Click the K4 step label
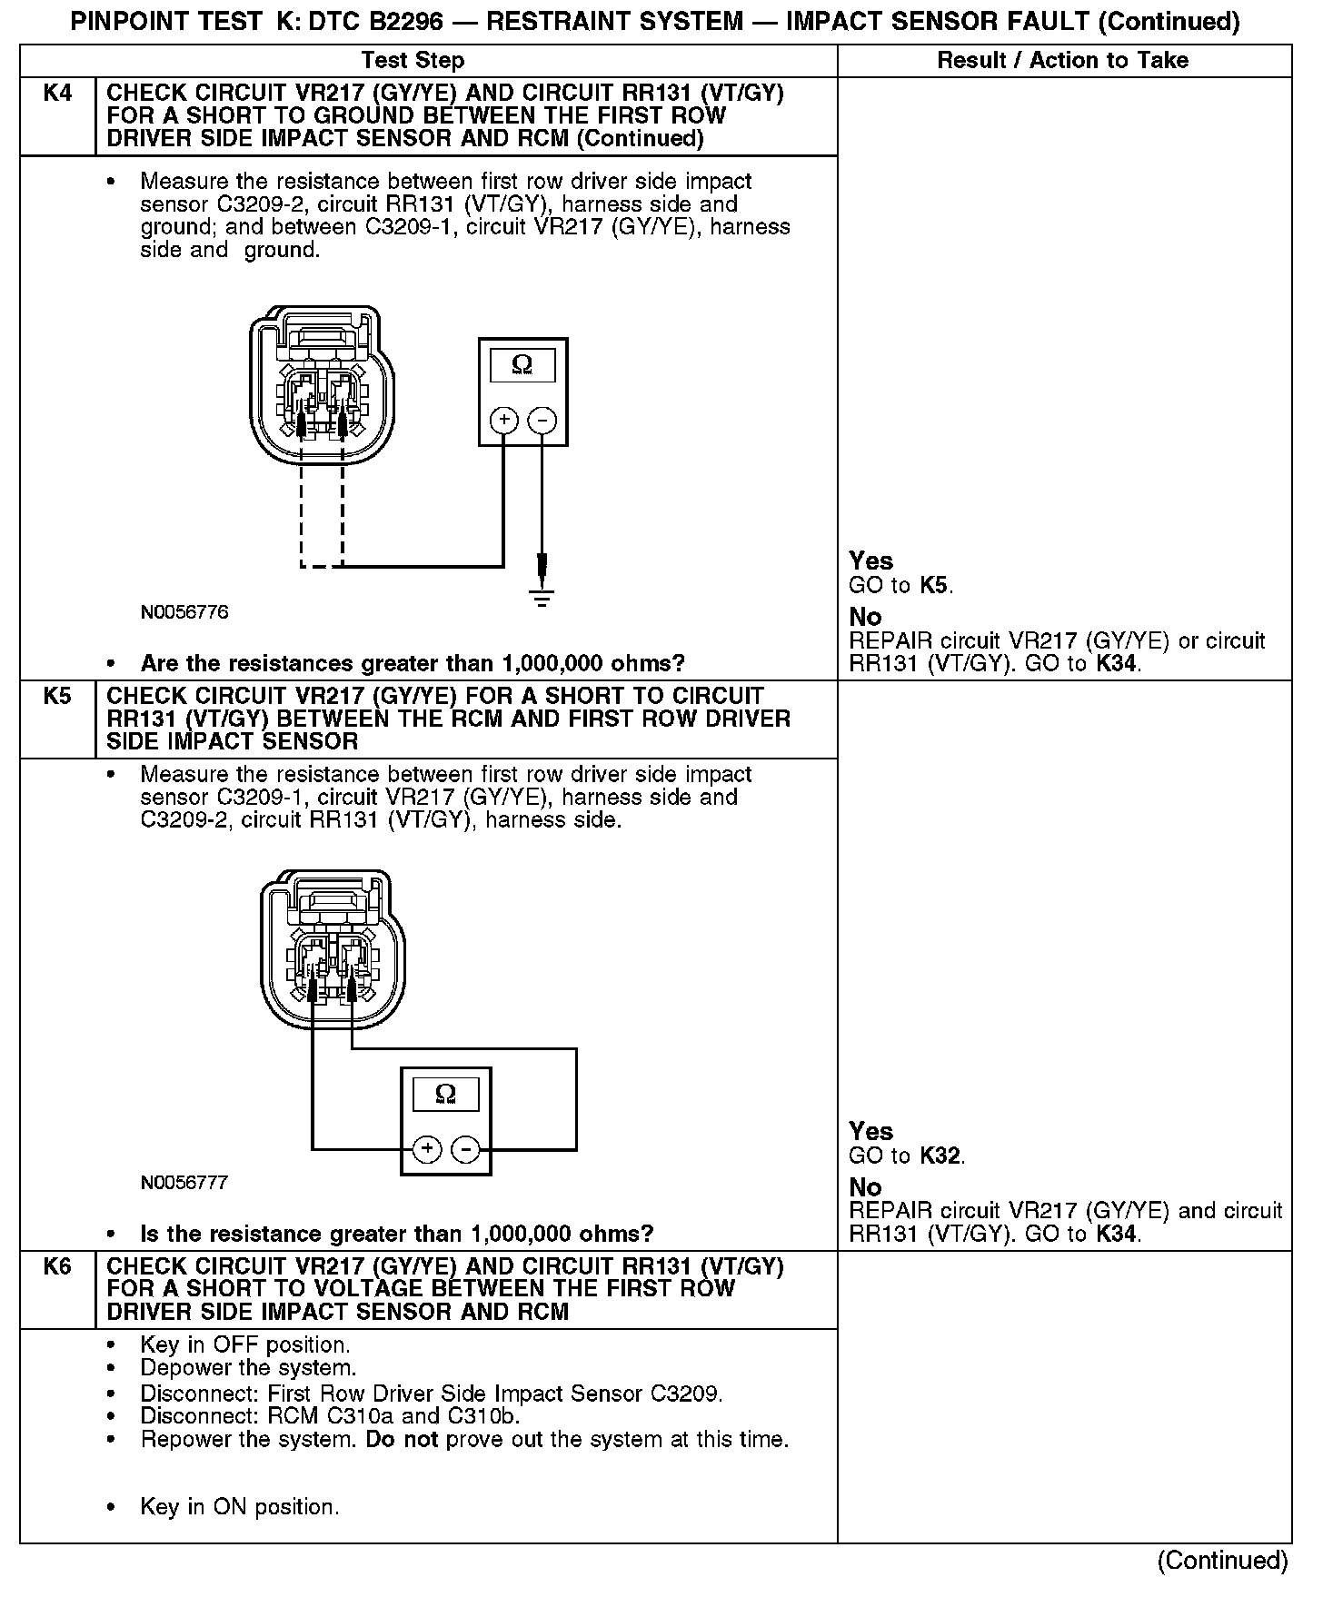click(x=57, y=94)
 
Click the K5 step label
click(x=57, y=697)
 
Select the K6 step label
click(x=57, y=1267)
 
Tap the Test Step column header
click(x=413, y=61)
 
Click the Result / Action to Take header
click(x=1062, y=61)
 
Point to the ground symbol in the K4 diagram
click(x=542, y=597)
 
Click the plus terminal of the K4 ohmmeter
click(x=504, y=421)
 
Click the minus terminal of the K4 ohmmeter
click(x=542, y=421)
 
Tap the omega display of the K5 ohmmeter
click(x=445, y=1094)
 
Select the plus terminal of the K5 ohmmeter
click(x=427, y=1150)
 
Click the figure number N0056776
click(x=184, y=612)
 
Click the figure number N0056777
click(x=184, y=1183)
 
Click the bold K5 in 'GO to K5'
click(x=935, y=586)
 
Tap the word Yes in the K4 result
click(x=870, y=561)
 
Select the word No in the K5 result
click(x=865, y=1187)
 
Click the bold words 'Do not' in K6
click(x=402, y=1440)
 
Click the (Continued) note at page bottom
click(x=1222, y=1561)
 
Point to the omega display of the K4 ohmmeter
click(x=522, y=365)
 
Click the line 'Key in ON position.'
click(x=239, y=1507)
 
